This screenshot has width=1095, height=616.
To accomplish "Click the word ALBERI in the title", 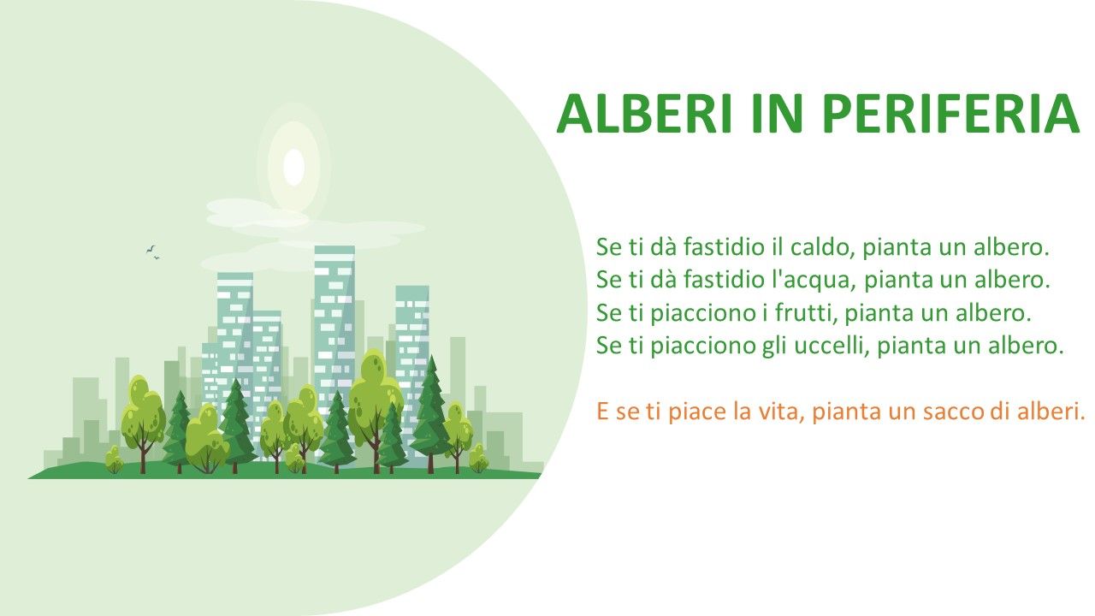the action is click(x=645, y=114).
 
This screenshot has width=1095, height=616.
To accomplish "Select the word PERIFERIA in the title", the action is click(x=950, y=114).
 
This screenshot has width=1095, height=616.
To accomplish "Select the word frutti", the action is click(x=807, y=313).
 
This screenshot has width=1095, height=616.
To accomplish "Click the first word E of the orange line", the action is click(x=602, y=412).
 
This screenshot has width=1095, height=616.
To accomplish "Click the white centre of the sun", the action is click(x=293, y=167).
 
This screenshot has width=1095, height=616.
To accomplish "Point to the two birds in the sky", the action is click(x=152, y=252).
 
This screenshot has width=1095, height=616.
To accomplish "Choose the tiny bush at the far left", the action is click(x=114, y=459).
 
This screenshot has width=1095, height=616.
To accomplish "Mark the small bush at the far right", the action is click(x=478, y=458).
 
